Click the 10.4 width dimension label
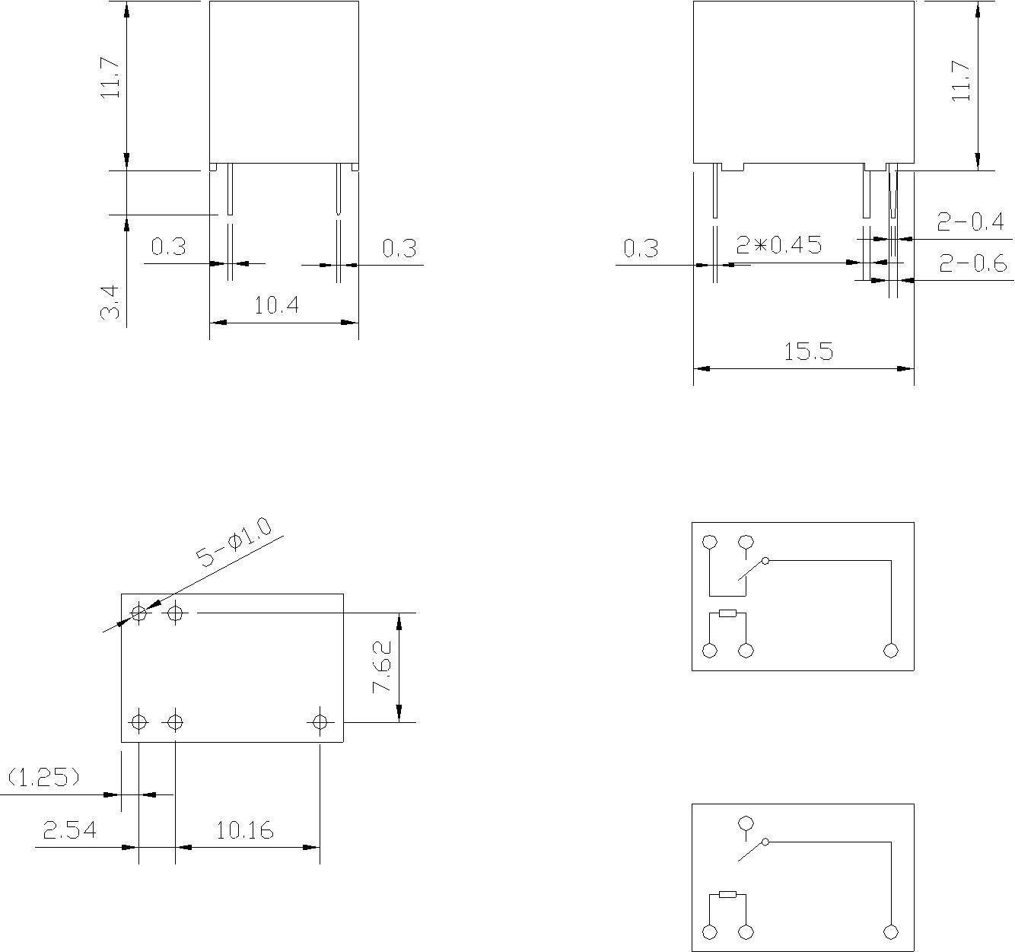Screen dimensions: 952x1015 [277, 306]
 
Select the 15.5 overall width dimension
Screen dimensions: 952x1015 [809, 352]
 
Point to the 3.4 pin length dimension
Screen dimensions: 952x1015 [110, 303]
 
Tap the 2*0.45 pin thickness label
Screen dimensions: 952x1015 [779, 245]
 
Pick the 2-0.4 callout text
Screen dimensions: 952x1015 [970, 222]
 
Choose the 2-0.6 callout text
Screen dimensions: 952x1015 [972, 263]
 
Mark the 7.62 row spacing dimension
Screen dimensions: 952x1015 [382, 667]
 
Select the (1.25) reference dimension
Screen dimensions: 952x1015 [43, 777]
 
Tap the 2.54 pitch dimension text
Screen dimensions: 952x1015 [70, 829]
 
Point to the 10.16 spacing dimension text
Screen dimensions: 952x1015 [245, 829]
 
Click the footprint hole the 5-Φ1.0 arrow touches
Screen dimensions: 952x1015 [139, 613]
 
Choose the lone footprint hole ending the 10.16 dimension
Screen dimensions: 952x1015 [320, 721]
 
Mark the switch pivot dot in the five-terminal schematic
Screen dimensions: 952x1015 [765, 561]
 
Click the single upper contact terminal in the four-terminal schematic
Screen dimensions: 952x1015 [746, 823]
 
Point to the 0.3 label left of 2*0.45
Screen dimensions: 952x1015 [641, 248]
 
